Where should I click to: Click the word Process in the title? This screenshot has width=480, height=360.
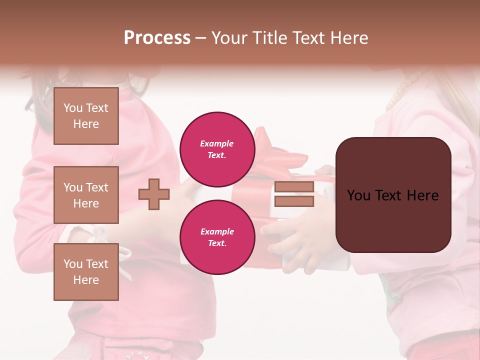pos(157,38)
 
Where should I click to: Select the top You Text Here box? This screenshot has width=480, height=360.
pos(86,116)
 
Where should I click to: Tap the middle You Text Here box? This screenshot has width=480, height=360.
pos(86,195)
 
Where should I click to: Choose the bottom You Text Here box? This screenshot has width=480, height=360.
pos(86,272)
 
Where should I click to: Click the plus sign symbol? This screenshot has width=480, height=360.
pos(154,194)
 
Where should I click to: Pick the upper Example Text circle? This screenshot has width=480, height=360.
pos(217,149)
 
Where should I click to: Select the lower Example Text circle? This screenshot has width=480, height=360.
pos(217,237)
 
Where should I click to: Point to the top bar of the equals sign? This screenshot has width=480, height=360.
pos(294,187)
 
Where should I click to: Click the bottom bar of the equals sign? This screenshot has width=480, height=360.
pos(294,201)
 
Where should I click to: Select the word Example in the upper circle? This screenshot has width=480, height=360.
pos(217,144)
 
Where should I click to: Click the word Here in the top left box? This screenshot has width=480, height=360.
pos(86,124)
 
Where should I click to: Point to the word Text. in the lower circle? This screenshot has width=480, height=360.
pos(217,243)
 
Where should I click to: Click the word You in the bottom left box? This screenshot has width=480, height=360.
pos(73,264)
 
